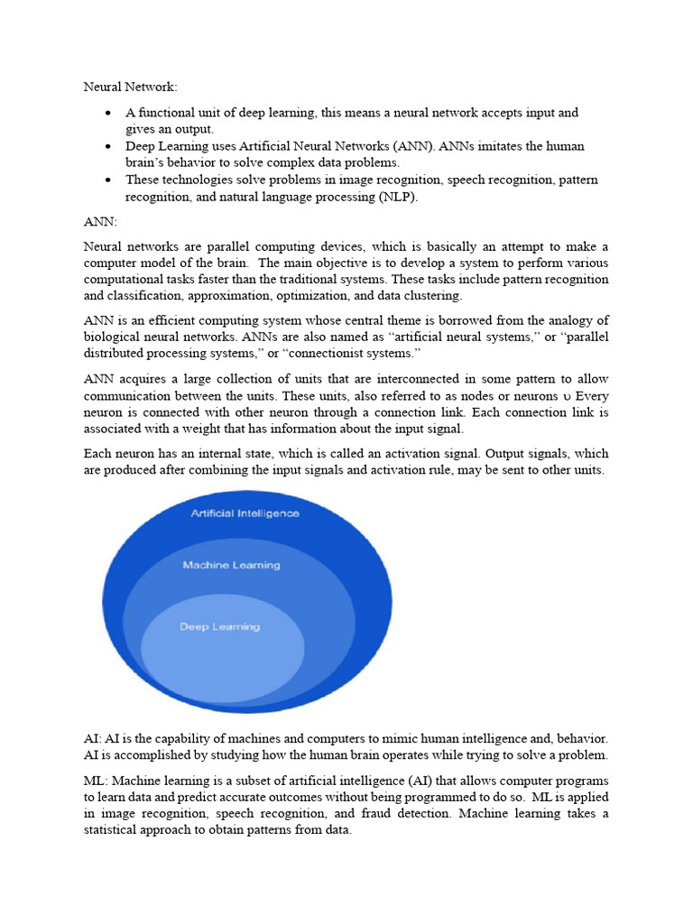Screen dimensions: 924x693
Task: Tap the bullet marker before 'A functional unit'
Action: [x=108, y=113]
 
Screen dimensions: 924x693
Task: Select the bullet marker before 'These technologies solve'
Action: [x=108, y=180]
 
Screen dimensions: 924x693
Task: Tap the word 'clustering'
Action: [x=432, y=296]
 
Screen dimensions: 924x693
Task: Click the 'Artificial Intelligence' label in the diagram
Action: [x=245, y=513]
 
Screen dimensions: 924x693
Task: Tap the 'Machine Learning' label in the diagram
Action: [x=231, y=566]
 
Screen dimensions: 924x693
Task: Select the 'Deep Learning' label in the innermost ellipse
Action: [x=219, y=627]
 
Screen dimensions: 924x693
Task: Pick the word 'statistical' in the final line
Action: [x=115, y=831]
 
